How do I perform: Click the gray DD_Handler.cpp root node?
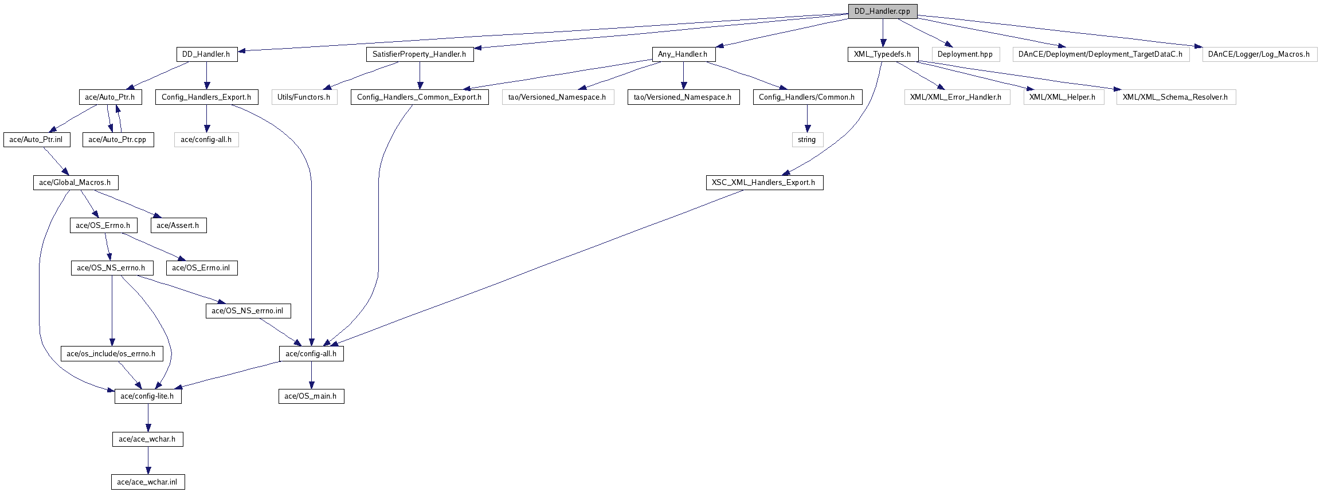click(882, 11)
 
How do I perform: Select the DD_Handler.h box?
click(206, 54)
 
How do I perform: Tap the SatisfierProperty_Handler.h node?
click(420, 54)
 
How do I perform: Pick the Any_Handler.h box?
click(683, 54)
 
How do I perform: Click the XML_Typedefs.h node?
click(883, 54)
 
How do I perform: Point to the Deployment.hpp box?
click(965, 54)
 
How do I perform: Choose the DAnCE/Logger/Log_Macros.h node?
click(1259, 54)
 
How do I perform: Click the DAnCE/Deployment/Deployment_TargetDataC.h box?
click(1100, 54)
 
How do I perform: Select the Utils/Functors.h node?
click(304, 97)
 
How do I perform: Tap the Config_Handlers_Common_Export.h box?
click(419, 97)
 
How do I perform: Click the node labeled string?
click(807, 140)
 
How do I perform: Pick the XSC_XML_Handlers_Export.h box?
click(763, 183)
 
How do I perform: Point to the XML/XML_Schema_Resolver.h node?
click(1176, 97)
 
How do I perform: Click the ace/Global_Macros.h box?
click(75, 183)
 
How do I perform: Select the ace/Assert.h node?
click(178, 226)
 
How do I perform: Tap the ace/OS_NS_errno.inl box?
click(248, 311)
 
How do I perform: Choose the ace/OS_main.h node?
click(311, 396)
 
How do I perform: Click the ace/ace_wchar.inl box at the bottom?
click(148, 482)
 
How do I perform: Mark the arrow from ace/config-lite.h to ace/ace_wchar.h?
click(148, 418)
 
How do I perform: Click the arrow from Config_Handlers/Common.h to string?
click(807, 119)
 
